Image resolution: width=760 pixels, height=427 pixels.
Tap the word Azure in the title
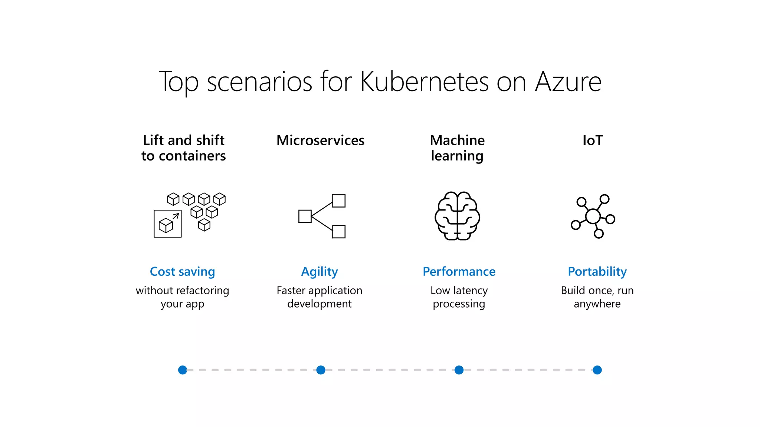568,82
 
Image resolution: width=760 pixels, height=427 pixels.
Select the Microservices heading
320,140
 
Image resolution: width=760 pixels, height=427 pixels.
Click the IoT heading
593,140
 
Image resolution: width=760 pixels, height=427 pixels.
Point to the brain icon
457,216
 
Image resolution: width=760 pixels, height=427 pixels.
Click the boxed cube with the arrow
168,224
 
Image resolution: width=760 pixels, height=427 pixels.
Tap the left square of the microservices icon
305,216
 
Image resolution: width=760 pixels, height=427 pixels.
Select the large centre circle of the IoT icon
593,216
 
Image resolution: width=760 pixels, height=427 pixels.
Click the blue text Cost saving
182,272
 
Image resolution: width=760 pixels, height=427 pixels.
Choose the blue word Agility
320,272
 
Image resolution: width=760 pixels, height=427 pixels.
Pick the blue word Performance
459,272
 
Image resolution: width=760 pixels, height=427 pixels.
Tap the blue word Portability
597,272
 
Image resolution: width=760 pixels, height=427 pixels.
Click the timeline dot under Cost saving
183,370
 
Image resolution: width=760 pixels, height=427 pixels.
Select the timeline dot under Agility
321,370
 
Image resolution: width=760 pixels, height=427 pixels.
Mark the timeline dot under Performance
459,370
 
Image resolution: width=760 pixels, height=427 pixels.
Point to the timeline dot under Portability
597,370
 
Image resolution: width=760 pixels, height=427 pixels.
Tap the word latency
471,291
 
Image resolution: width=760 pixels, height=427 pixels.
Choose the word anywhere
597,304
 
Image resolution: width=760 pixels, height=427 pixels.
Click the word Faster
291,291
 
